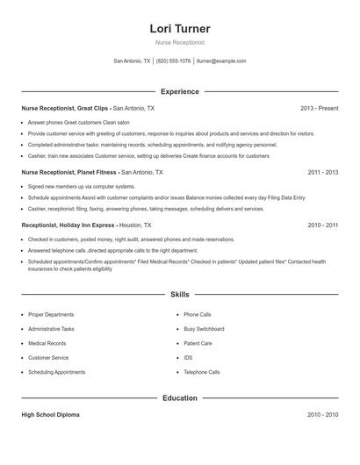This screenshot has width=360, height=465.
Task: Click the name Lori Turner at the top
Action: [180, 29]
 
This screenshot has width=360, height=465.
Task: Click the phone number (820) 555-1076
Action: [174, 61]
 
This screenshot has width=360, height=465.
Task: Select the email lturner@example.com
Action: [221, 61]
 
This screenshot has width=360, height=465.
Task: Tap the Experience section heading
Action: [180, 91]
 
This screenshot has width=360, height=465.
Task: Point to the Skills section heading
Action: [180, 294]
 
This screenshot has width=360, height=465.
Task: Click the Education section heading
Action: [180, 398]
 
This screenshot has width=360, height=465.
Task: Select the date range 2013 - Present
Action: [319, 109]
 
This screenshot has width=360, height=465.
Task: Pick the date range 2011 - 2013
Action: [322, 173]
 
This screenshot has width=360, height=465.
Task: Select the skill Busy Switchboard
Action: [204, 329]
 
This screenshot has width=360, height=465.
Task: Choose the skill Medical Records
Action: [47, 343]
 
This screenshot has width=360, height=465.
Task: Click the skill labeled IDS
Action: [188, 358]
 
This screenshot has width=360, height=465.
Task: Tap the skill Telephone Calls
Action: [201, 372]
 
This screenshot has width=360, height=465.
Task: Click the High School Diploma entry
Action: [51, 414]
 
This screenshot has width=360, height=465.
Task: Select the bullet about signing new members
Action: [82, 187]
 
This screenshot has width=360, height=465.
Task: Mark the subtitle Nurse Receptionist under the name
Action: [180, 43]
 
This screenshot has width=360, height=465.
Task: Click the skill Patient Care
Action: [198, 343]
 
